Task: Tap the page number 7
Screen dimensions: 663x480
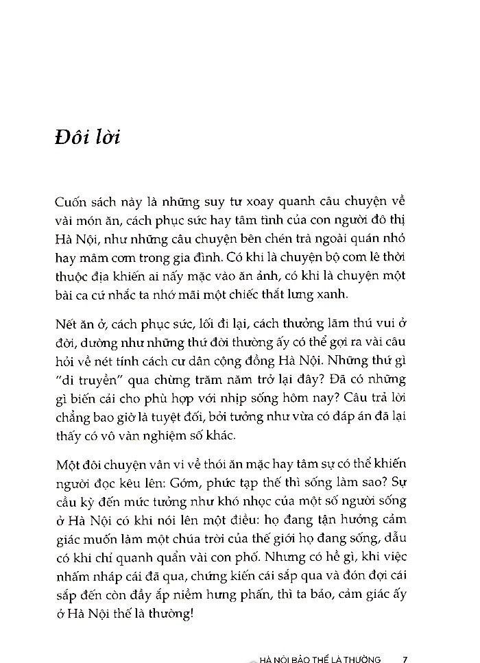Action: (406, 658)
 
